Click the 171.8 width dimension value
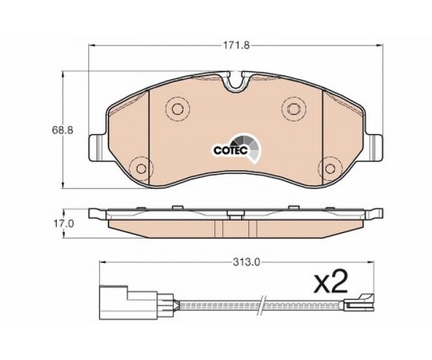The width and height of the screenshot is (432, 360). pos(236,46)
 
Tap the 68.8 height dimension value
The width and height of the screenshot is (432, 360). pos(62,130)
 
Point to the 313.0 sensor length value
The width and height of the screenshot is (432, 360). pos(247,262)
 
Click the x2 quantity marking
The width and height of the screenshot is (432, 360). pos(330,283)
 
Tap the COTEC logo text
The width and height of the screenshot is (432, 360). pos(230,150)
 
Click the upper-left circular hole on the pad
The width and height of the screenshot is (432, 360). pos(177,109)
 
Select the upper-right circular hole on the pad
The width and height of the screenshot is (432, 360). pos(293,108)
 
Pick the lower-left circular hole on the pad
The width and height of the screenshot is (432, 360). pos(140,169)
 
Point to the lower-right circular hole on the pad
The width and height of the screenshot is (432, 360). pos(330,168)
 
